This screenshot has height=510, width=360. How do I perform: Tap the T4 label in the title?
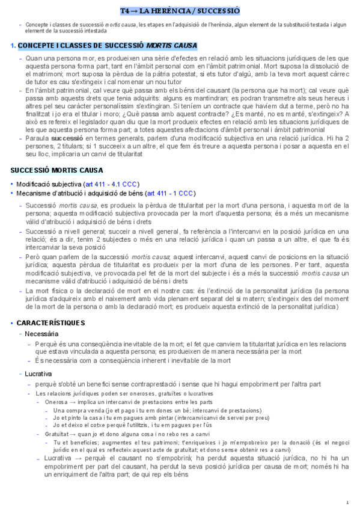124,11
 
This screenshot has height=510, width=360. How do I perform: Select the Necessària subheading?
42,334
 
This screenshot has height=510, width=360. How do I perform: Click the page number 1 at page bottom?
347,502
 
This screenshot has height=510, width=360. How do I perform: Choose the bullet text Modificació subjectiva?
49,183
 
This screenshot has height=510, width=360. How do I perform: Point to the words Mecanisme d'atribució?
52,193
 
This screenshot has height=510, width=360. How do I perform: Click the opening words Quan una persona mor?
60,57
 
